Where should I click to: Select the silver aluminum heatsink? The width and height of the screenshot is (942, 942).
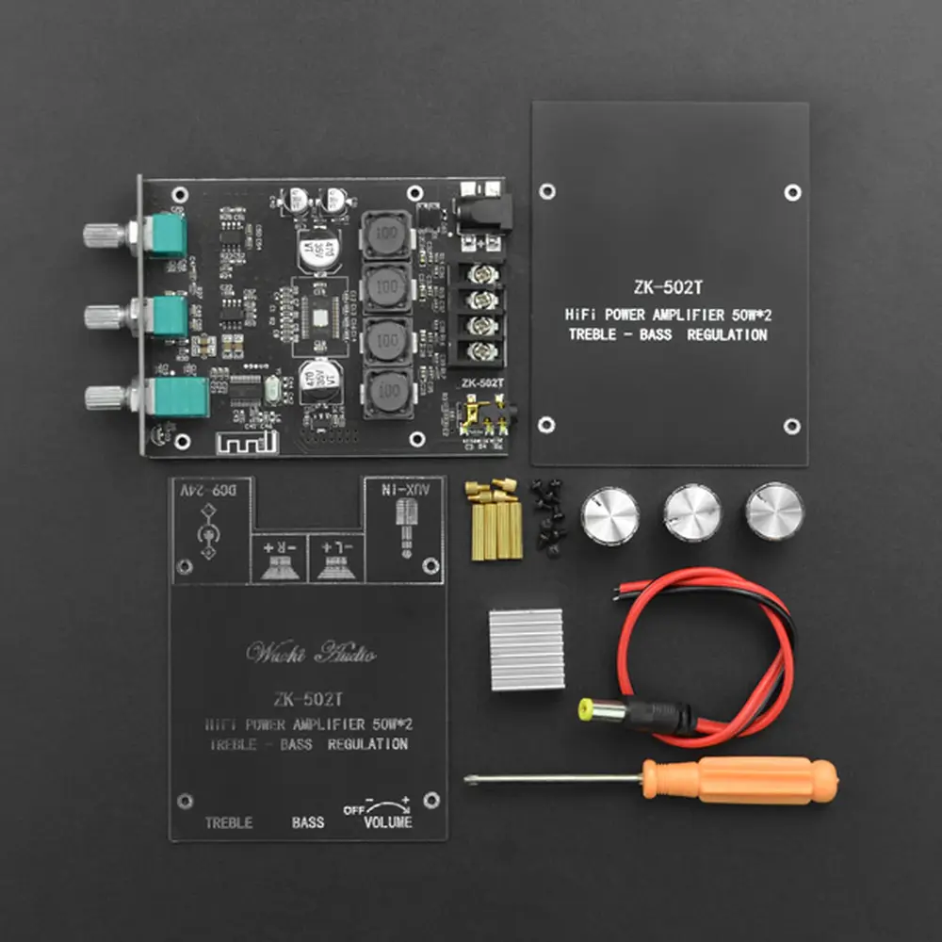526,648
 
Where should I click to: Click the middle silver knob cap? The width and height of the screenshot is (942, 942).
692,513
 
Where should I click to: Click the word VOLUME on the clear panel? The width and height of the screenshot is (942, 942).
388,821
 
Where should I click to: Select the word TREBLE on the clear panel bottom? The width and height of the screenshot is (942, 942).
229,822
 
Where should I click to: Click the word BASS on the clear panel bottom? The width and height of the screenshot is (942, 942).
307,822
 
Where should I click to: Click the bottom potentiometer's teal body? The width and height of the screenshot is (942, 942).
179,398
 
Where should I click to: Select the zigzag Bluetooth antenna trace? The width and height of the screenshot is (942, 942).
244,440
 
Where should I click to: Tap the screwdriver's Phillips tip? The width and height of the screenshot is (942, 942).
471,780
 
